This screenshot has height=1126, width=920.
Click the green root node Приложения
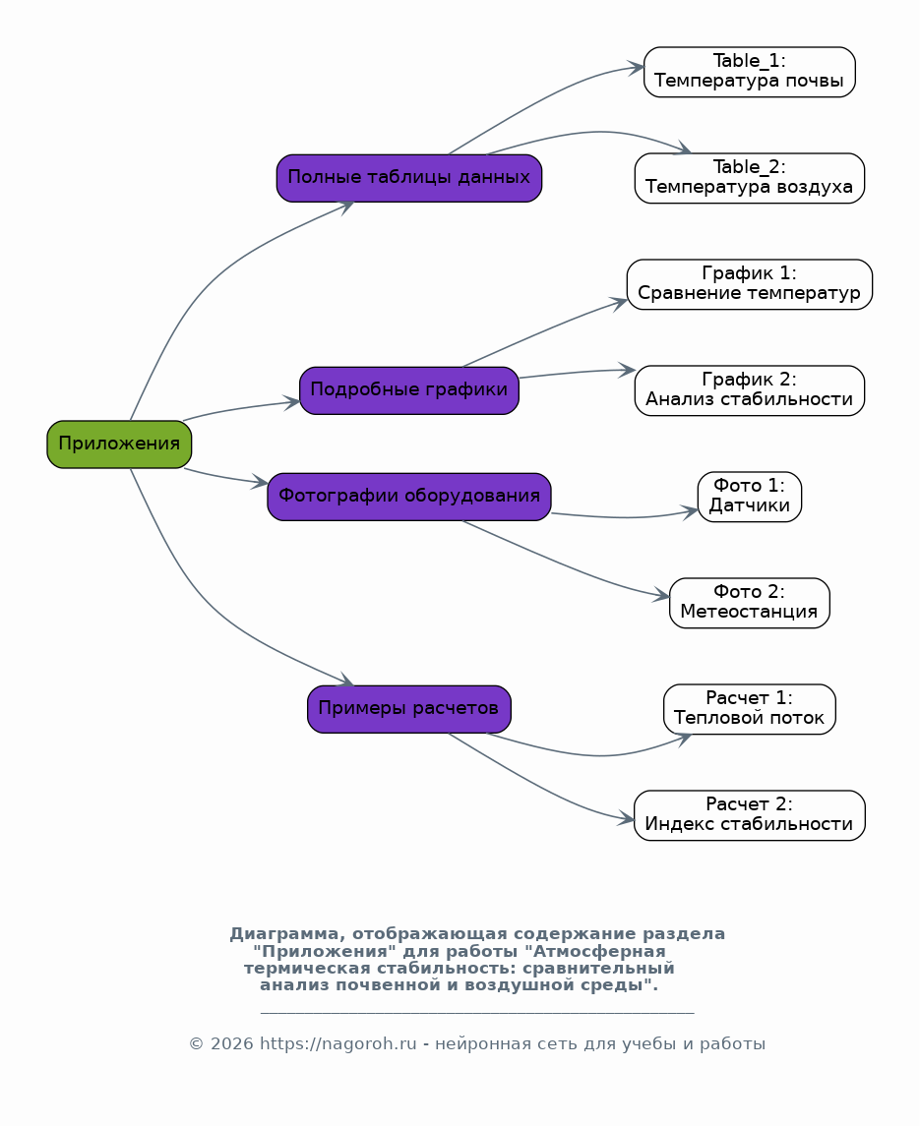point(119,444)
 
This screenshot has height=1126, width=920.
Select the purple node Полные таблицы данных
point(409,178)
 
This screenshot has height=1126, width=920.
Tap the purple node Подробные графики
point(409,390)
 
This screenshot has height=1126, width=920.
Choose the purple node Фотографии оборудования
point(409,497)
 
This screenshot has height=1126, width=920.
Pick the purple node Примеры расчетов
point(409,709)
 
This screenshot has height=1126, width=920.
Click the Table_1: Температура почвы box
point(750,72)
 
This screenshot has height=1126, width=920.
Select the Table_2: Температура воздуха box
point(750,178)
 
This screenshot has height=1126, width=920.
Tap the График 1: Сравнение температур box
point(750,284)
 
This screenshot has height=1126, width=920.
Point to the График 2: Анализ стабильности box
point(750,390)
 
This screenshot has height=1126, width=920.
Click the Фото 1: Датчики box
point(750,497)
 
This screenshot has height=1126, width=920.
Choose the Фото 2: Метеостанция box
point(750,603)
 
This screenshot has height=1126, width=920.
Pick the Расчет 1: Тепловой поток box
point(750,709)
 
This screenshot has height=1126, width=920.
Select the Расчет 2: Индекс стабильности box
point(750,816)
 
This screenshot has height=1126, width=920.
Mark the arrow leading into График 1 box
point(545,331)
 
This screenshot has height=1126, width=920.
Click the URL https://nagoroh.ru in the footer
point(337,1044)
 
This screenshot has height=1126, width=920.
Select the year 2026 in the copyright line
point(231,1044)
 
